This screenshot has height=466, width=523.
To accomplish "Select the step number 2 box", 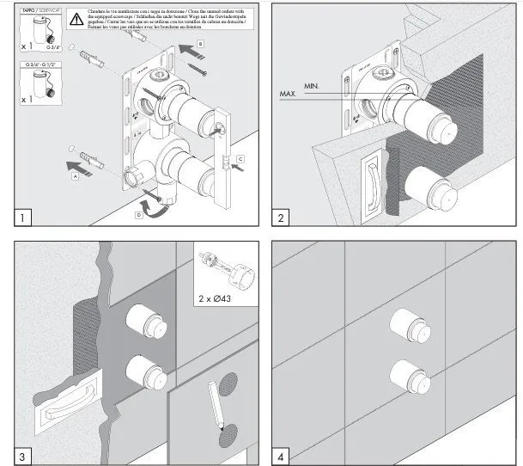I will [281, 218].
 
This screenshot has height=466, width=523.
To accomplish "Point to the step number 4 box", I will [281, 455].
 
